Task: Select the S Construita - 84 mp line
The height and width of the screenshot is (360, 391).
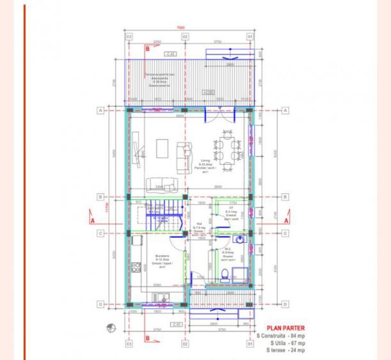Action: coord(282,336)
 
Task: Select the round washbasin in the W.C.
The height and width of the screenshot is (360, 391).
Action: coord(239,240)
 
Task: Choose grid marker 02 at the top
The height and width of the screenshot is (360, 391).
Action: coord(185,36)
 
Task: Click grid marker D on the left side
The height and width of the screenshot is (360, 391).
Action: coord(100,304)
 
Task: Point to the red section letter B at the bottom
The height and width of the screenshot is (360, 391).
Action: coord(148,338)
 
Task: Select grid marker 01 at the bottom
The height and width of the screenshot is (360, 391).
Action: coord(250,344)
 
